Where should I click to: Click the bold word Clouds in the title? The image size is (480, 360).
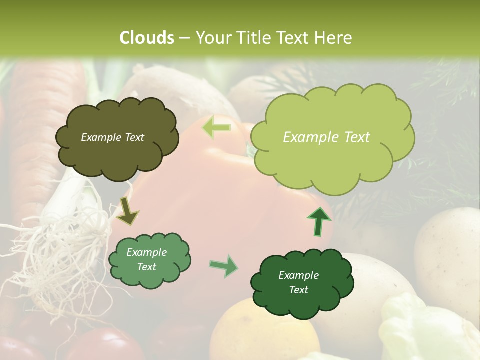(x=147, y=38)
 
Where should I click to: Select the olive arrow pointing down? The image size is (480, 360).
(x=127, y=211)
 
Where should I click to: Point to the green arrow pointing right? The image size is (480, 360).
(x=224, y=266)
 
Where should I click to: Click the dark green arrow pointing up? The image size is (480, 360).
(x=318, y=221)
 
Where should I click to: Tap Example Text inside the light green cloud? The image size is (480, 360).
(x=326, y=137)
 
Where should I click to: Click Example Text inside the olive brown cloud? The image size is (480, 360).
(x=112, y=137)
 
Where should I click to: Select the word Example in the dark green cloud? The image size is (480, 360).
(x=298, y=275)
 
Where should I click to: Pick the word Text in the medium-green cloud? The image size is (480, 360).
(x=147, y=267)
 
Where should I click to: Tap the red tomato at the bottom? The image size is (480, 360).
(x=105, y=345)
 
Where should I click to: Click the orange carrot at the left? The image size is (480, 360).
(x=40, y=130)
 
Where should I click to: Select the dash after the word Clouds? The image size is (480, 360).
(x=184, y=38)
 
